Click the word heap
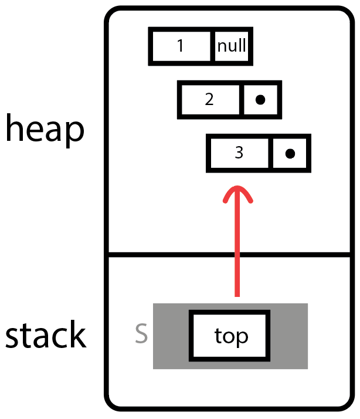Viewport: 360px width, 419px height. [x=45, y=129]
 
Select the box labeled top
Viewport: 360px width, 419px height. [x=230, y=336]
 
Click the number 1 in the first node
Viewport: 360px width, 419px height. [x=181, y=46]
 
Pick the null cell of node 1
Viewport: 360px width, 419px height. [x=232, y=46]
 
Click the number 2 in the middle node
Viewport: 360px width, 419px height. [x=209, y=99]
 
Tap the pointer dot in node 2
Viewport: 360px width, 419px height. [x=261, y=100]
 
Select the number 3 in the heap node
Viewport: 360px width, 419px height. [x=239, y=153]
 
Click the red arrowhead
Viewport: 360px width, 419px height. [x=238, y=194]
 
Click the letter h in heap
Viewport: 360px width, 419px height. [x=15, y=129]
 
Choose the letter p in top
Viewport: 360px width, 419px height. [x=242, y=339]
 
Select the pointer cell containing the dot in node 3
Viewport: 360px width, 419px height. [x=290, y=153]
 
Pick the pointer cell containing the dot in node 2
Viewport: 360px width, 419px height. [x=261, y=100]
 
